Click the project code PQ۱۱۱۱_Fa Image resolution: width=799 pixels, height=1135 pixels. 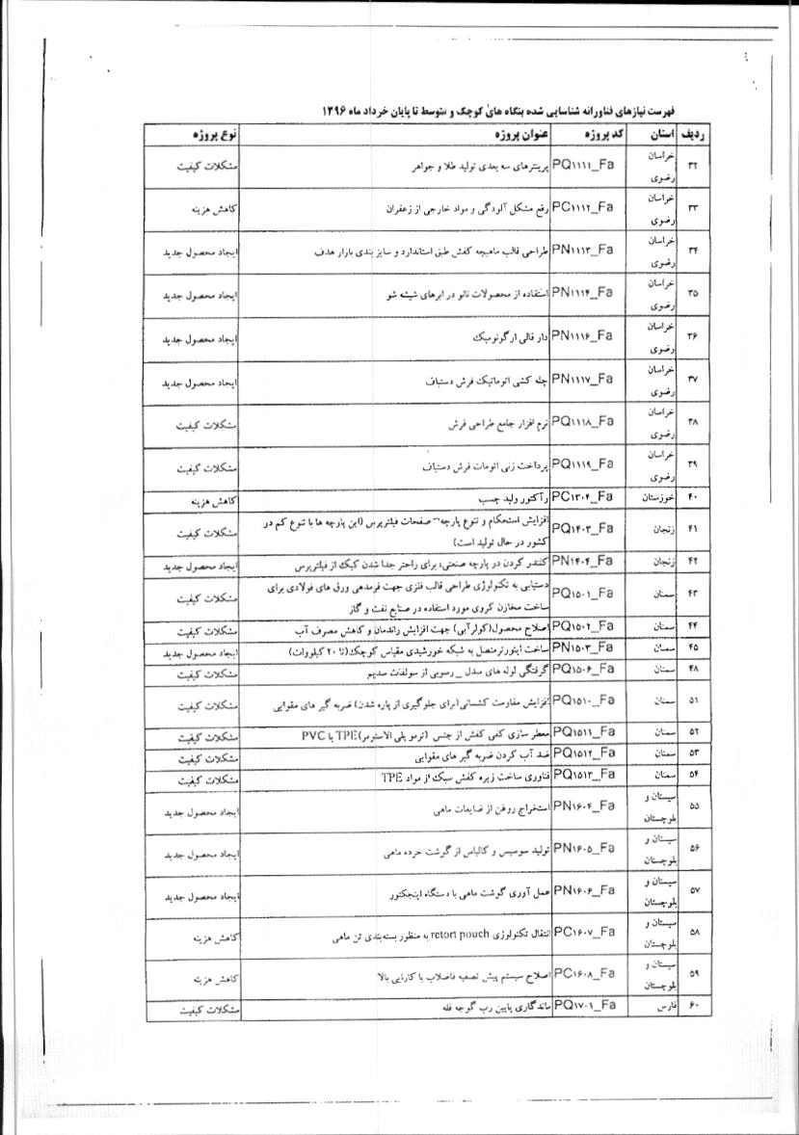coord(582,167)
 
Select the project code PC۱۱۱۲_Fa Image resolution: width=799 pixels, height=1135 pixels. coord(582,207)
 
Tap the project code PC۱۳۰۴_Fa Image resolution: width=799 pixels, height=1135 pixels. coord(582,498)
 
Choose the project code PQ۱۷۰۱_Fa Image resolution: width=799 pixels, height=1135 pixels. coord(582,1007)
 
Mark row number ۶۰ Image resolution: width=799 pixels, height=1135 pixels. coord(693,1008)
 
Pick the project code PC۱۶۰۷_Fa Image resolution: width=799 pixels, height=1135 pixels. coord(582,932)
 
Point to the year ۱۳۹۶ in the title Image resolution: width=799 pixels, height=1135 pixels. coord(334,111)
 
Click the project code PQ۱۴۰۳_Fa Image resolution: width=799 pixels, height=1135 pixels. coord(582,526)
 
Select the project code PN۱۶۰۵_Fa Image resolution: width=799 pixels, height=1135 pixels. coord(582,849)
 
